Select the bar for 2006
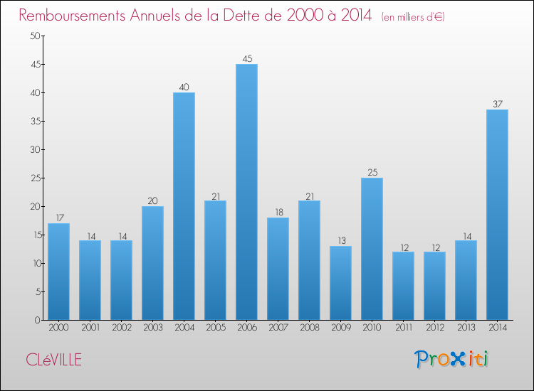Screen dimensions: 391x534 (246, 192)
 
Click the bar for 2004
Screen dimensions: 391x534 (184, 206)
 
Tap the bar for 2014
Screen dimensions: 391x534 (497, 215)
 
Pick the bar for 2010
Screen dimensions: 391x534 (372, 249)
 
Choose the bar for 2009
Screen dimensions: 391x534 (340, 283)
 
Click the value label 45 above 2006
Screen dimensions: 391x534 (246, 59)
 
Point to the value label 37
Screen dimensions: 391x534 (497, 105)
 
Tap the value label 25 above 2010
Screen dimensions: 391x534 (372, 173)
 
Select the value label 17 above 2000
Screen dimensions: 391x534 (58, 218)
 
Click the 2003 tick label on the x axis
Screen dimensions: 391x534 (152, 328)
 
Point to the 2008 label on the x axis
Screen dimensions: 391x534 (309, 328)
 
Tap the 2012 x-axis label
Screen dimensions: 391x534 (434, 328)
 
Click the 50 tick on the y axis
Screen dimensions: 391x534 (33, 36)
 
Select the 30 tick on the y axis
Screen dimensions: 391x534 (33, 150)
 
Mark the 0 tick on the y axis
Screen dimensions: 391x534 (36, 321)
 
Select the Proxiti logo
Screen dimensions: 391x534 (452, 359)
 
